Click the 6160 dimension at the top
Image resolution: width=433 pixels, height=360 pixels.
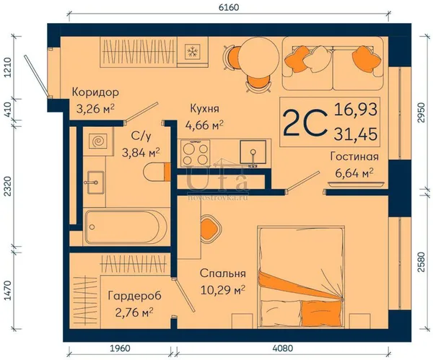tap(228, 7)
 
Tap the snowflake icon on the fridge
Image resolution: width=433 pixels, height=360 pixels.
tap(191, 51)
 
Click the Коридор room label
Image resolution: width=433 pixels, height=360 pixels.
tap(95, 92)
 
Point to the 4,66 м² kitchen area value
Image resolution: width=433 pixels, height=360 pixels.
tap(205, 126)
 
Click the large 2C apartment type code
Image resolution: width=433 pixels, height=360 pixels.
tap(305, 123)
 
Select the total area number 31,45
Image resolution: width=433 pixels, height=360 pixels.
tap(356, 134)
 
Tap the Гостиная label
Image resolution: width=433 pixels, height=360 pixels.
tap(354, 157)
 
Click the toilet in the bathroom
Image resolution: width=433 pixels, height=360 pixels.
tap(157, 172)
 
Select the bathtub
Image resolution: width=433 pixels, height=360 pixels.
tap(126, 227)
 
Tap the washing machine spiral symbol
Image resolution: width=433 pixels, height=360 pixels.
tap(98, 141)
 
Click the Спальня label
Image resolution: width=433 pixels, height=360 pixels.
tap(223, 273)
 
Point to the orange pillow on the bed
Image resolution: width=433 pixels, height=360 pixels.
tap(321, 313)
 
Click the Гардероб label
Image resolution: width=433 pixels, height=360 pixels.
tap(135, 296)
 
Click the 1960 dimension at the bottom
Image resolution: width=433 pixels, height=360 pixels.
tap(120, 348)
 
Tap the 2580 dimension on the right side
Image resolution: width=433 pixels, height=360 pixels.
tap(421, 262)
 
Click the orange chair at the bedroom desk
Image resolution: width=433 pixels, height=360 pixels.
tap(211, 228)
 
